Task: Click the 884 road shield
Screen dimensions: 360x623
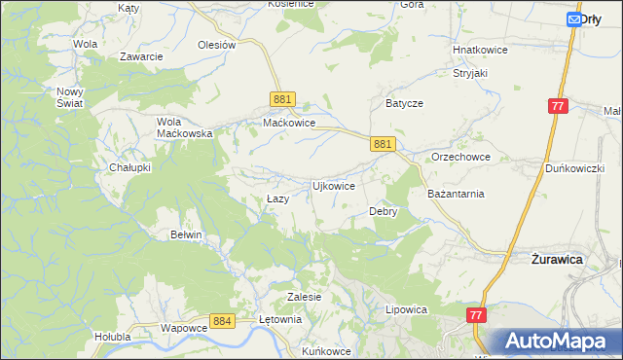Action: (222, 320)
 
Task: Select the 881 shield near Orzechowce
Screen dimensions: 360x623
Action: (383, 144)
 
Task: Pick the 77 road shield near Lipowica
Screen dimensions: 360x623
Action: (476, 315)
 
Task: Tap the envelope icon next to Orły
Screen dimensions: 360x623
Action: (573, 18)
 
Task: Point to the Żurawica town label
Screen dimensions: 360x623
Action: (556, 261)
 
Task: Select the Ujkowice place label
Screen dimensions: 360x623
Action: (332, 185)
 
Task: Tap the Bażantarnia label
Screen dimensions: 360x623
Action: (457, 194)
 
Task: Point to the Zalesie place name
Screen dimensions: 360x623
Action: (305, 296)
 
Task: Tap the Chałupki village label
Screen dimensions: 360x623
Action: (129, 167)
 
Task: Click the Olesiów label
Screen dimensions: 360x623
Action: (217, 45)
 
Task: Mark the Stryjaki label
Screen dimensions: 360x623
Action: (469, 73)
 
